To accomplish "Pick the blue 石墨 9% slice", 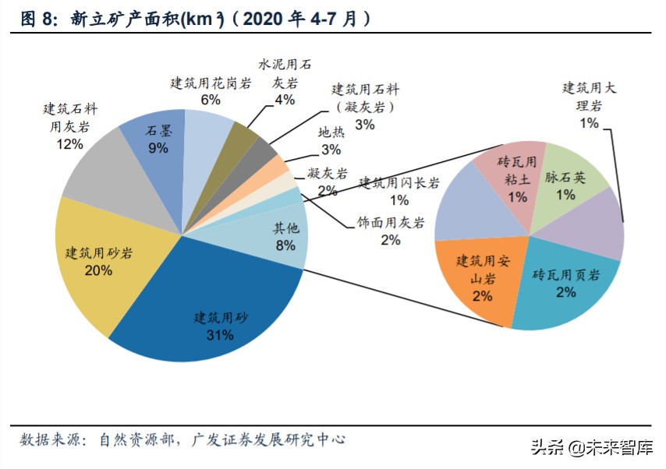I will (x=160, y=140).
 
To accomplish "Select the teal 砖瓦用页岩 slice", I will (x=565, y=284).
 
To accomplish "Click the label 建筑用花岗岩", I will (x=211, y=83).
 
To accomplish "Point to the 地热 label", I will (x=331, y=133).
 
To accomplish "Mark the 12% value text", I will (x=70, y=144).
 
